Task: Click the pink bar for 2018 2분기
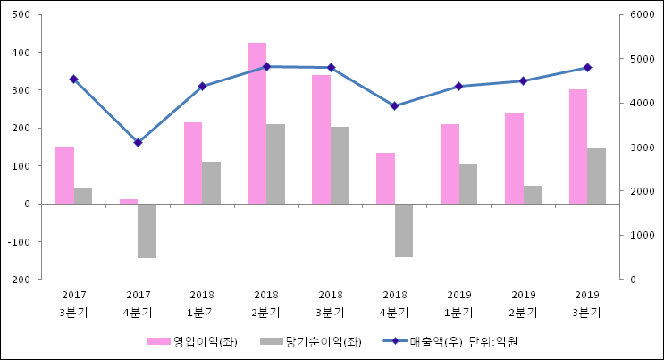point(257,123)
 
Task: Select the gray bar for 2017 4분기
point(147,230)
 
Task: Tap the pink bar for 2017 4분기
point(129,201)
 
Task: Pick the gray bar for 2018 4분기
point(404,230)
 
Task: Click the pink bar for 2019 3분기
point(578,147)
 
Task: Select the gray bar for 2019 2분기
point(533,195)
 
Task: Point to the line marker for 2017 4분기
point(138,143)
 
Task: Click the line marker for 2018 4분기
point(394,105)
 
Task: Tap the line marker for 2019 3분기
point(587,67)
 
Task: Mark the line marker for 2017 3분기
point(73,79)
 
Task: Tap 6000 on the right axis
point(642,15)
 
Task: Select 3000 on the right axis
point(642,147)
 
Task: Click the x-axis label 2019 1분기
point(458,304)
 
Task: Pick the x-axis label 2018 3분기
point(330,304)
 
